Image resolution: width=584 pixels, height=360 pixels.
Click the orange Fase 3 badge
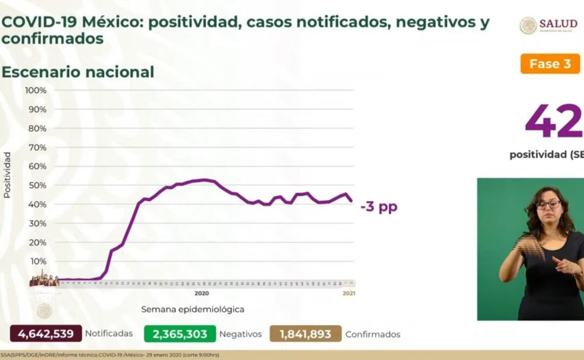(x=550, y=64)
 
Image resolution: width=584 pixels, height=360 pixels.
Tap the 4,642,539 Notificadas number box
(x=45, y=334)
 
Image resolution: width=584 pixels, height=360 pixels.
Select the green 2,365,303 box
(x=180, y=334)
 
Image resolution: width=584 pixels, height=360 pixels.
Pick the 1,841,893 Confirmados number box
(x=305, y=334)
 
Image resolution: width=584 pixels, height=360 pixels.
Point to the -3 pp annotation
(x=379, y=206)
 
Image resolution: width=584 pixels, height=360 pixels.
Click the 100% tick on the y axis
(x=36, y=90)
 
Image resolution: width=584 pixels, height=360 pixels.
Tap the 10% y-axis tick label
(x=37, y=261)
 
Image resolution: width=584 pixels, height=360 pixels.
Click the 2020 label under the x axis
(x=202, y=294)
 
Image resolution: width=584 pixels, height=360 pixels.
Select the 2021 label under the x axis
(x=348, y=294)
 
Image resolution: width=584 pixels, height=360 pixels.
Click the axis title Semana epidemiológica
(x=193, y=310)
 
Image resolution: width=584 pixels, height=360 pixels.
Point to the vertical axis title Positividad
(x=7, y=175)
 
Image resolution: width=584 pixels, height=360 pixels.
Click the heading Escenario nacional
(x=78, y=72)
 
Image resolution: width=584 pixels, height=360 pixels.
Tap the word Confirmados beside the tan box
(x=373, y=335)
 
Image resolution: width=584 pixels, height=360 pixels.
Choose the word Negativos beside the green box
(x=240, y=335)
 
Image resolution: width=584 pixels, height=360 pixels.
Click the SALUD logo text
(x=558, y=23)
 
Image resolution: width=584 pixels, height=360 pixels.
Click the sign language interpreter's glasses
(x=548, y=205)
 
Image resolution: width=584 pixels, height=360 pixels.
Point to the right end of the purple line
(x=352, y=201)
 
